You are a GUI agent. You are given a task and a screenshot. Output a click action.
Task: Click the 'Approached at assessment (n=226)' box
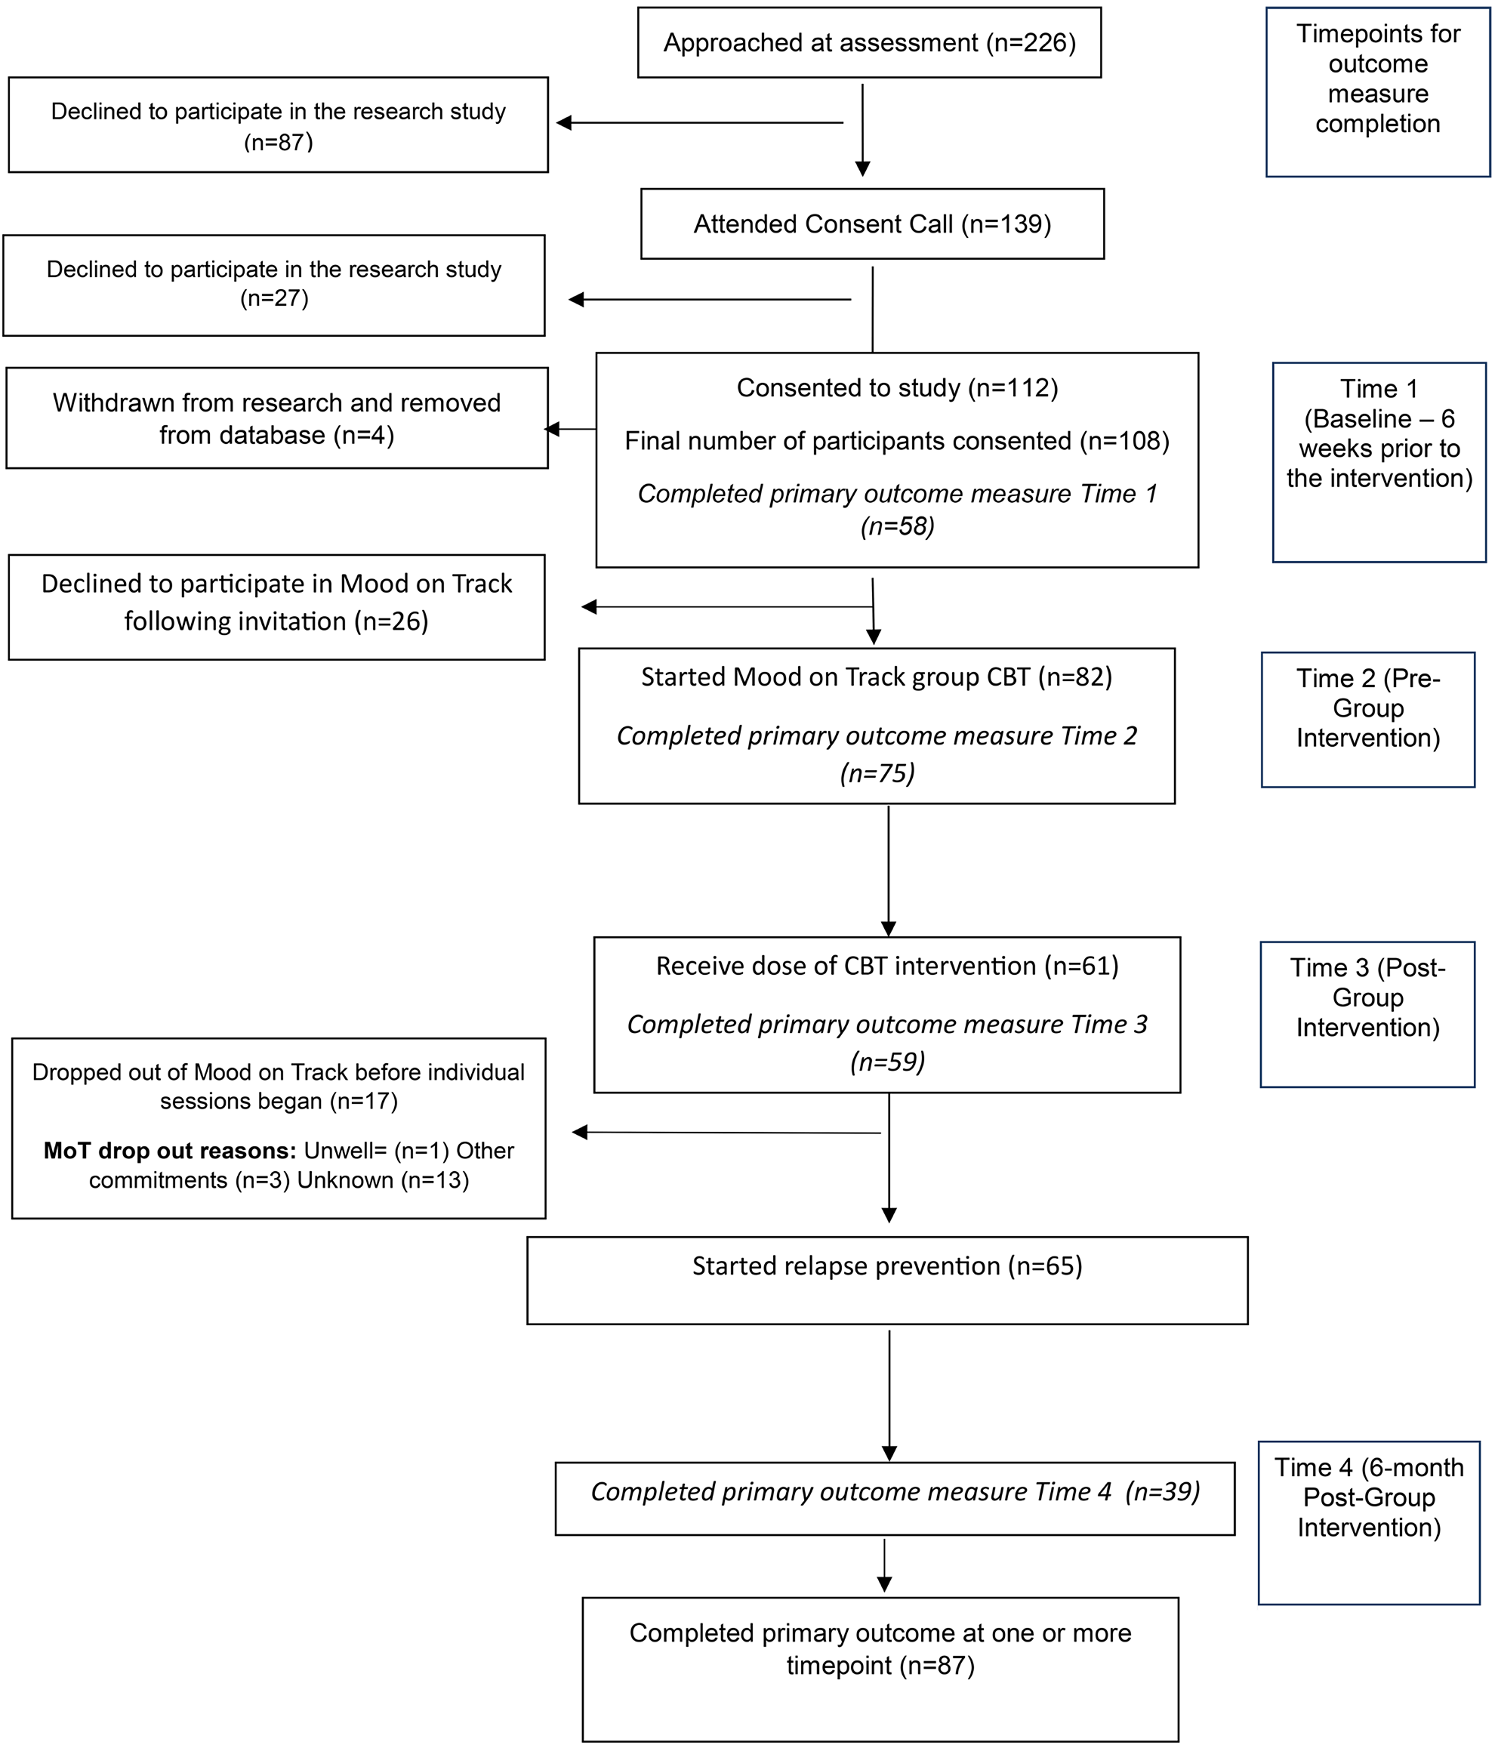869,43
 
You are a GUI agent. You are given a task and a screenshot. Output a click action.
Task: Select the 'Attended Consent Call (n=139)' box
872,224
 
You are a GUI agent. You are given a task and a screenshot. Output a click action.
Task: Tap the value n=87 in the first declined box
279,142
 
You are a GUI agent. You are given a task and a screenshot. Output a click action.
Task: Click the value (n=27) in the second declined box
275,298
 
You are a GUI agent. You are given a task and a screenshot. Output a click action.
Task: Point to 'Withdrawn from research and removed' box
276,418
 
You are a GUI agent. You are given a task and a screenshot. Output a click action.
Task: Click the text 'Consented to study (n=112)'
897,387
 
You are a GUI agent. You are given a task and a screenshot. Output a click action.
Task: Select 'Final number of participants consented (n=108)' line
897,440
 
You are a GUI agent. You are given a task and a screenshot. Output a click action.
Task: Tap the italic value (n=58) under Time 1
897,526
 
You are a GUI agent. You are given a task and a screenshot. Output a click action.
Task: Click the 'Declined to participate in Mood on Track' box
276,606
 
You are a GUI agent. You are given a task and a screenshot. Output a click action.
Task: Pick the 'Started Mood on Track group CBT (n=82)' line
877,677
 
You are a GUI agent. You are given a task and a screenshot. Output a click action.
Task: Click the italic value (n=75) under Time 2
877,773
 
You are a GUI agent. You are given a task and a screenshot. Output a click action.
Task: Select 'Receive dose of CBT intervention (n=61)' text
886,966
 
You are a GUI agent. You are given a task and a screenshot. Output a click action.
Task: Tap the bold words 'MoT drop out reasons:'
169,1151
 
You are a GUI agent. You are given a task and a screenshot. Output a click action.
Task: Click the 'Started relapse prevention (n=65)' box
886,1279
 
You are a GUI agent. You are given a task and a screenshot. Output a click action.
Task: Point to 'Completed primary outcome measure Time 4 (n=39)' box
894,1492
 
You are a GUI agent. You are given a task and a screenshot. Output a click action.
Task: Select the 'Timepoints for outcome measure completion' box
1378,92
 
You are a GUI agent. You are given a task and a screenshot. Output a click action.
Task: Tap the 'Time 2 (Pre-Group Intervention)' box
1367,720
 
